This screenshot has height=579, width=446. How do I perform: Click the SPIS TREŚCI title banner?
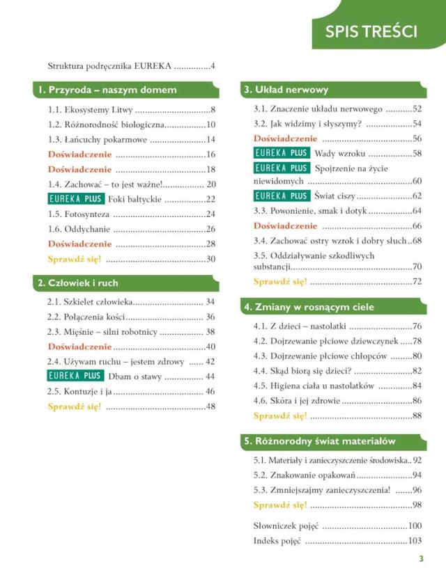tap(371, 31)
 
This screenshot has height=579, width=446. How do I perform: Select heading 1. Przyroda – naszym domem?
tap(108, 90)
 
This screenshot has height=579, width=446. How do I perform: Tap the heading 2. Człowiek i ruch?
tap(79, 283)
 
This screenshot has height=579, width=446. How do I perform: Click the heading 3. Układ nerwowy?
tap(286, 90)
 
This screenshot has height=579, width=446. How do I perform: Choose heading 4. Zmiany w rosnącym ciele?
tap(308, 307)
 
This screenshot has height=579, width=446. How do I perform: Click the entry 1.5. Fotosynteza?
tap(77, 214)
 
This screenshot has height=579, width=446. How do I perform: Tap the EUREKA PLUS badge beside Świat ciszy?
tap(281, 196)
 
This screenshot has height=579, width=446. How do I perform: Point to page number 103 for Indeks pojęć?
tap(415, 541)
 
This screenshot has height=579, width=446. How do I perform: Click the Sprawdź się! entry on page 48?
tap(75, 406)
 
